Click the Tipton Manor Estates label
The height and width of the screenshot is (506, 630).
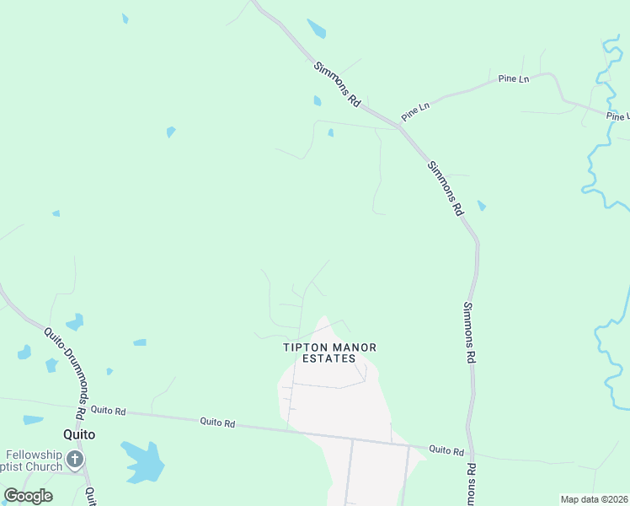(x=329, y=353)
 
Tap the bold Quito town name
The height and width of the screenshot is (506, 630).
(x=78, y=434)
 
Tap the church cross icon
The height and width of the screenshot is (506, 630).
(x=75, y=460)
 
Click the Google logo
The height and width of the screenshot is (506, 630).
(x=28, y=496)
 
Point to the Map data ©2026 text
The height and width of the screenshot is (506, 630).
(x=595, y=499)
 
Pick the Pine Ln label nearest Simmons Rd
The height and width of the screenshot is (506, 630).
(x=415, y=110)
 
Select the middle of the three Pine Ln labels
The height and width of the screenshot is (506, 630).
(x=513, y=78)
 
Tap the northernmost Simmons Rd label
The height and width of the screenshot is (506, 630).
(x=337, y=83)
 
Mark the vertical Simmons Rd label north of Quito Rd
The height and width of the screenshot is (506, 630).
(x=469, y=332)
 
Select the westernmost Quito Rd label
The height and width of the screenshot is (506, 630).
(x=108, y=411)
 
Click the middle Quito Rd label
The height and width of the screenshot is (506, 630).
(x=217, y=422)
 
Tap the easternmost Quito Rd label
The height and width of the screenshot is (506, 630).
(x=446, y=451)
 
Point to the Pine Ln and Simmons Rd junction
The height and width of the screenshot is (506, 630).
(x=398, y=126)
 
